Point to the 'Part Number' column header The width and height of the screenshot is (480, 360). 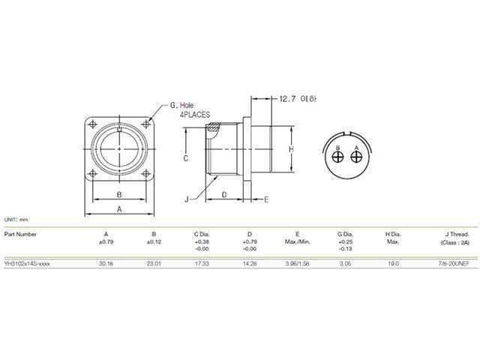click(x=20, y=233)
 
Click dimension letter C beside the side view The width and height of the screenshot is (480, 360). click(x=184, y=159)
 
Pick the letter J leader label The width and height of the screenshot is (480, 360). click(x=185, y=199)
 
